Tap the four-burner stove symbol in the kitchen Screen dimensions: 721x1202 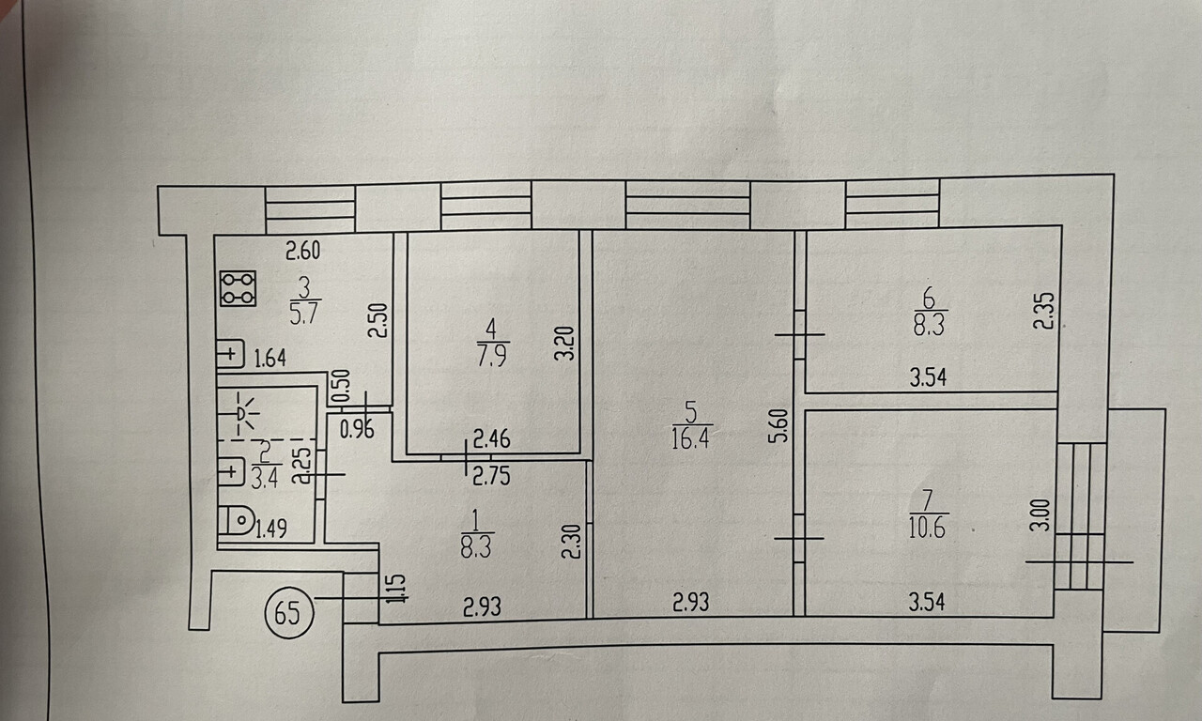coord(239,288)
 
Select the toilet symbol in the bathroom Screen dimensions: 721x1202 coord(240,520)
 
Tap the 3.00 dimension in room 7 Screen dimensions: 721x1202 coord(1039,516)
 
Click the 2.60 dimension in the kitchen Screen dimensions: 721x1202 coord(303,251)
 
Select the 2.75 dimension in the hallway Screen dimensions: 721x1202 coord(490,475)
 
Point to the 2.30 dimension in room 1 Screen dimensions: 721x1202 coord(569,543)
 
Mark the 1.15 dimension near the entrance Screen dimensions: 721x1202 coord(395,589)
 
